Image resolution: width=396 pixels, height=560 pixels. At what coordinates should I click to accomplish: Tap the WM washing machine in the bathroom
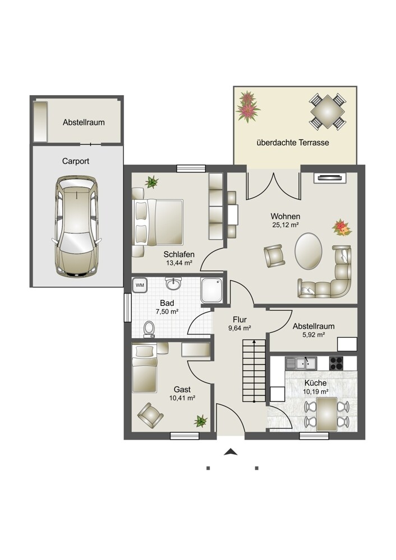click(x=140, y=284)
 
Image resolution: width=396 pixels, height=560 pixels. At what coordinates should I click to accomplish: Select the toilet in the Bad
click(x=149, y=328)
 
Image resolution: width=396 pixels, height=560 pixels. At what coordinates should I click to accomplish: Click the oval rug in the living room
click(x=308, y=250)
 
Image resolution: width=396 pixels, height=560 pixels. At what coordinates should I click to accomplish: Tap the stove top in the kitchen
click(x=337, y=362)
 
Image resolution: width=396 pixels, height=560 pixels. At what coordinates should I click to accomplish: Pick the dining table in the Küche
click(x=326, y=414)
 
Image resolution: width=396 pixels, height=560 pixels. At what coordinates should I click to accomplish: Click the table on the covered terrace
click(x=327, y=111)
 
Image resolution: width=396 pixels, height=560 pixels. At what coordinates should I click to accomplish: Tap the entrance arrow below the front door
click(x=230, y=452)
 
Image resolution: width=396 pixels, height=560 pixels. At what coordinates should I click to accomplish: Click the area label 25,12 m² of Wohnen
click(x=285, y=225)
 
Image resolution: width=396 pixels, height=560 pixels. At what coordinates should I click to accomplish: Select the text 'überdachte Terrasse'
click(x=292, y=143)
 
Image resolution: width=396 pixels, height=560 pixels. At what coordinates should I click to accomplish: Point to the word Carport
click(x=76, y=161)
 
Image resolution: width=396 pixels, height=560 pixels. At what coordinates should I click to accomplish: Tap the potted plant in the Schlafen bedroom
click(x=151, y=181)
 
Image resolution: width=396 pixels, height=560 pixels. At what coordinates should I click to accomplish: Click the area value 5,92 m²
click(x=314, y=335)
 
